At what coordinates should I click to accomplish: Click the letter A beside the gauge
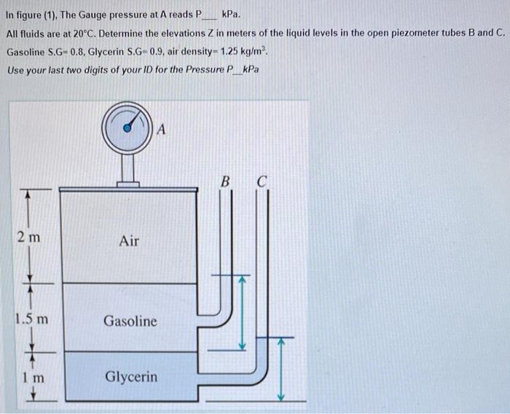[162, 130]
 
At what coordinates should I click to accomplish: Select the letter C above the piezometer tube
[262, 181]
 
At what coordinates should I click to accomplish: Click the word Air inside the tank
[129, 241]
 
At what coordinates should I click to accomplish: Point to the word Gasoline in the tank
[129, 321]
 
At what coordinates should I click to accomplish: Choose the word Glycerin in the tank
[131, 377]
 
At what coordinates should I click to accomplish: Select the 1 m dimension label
[32, 378]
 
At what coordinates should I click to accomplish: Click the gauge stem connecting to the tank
[129, 170]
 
